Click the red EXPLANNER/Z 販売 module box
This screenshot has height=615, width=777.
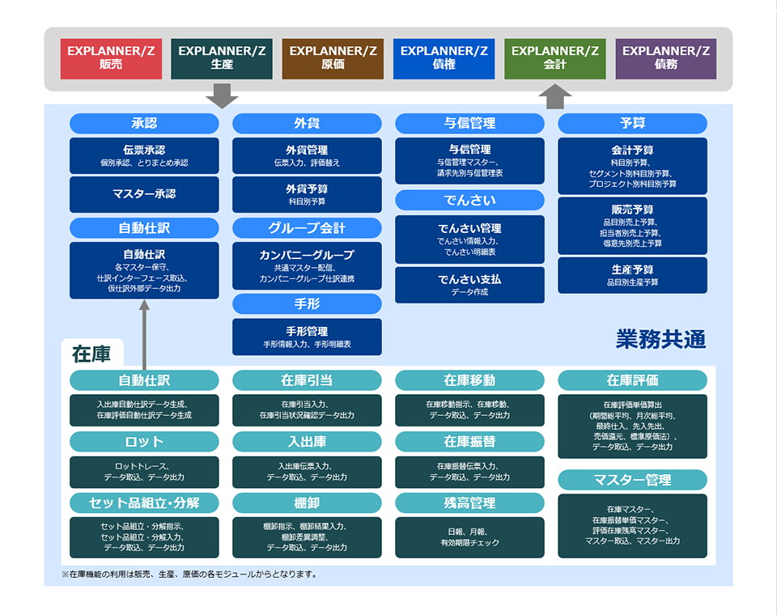coord(111,58)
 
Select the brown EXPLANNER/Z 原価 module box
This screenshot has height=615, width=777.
coord(333,58)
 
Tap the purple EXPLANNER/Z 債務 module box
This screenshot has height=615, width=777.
coord(666,58)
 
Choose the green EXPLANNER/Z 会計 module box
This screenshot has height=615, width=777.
coord(555,58)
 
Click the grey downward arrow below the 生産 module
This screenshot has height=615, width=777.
coord(222,95)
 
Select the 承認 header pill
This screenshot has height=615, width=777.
coord(144,124)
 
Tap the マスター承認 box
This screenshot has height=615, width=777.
coord(144,194)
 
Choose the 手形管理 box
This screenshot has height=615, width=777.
coord(307,337)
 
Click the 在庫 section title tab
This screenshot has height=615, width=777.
coord(91,354)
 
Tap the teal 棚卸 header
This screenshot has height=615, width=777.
coord(307,503)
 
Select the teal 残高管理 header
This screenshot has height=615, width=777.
coord(469,503)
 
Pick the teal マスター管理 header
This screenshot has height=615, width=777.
coord(632,480)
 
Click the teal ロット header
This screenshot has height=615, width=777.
coord(144,442)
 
